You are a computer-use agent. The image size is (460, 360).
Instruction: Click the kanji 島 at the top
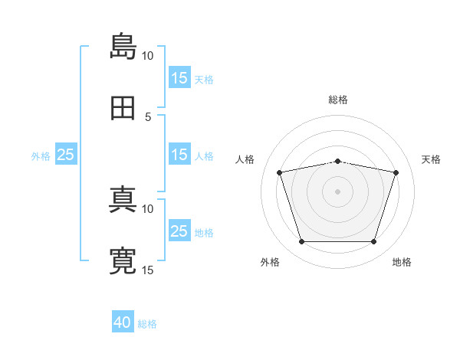click(x=123, y=46)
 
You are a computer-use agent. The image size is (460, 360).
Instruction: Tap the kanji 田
click(x=123, y=107)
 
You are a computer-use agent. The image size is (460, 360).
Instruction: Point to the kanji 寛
click(x=123, y=260)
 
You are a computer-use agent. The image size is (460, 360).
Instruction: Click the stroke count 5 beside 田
click(x=149, y=117)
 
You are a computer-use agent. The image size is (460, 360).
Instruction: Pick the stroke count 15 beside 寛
click(x=148, y=270)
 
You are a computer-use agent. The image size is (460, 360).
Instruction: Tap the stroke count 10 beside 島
click(x=148, y=56)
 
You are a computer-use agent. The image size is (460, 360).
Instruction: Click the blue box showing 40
click(x=123, y=323)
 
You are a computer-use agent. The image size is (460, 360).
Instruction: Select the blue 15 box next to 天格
click(x=179, y=78)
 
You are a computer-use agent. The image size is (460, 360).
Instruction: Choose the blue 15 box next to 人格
click(x=179, y=155)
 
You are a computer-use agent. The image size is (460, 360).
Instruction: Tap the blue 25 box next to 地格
click(x=179, y=231)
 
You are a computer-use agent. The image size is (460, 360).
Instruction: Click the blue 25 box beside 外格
click(x=66, y=155)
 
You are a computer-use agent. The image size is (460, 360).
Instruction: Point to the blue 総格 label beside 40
click(x=148, y=325)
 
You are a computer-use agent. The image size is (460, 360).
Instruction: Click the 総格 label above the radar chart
click(x=338, y=100)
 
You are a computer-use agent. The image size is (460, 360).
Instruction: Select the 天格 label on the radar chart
click(x=432, y=159)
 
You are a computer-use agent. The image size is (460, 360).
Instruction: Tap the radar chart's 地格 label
click(x=402, y=263)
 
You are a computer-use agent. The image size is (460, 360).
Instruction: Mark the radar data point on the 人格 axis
click(x=281, y=172)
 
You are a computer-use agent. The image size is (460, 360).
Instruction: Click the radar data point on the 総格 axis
click(x=338, y=161)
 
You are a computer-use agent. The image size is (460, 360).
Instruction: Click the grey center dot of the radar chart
click(x=338, y=191)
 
